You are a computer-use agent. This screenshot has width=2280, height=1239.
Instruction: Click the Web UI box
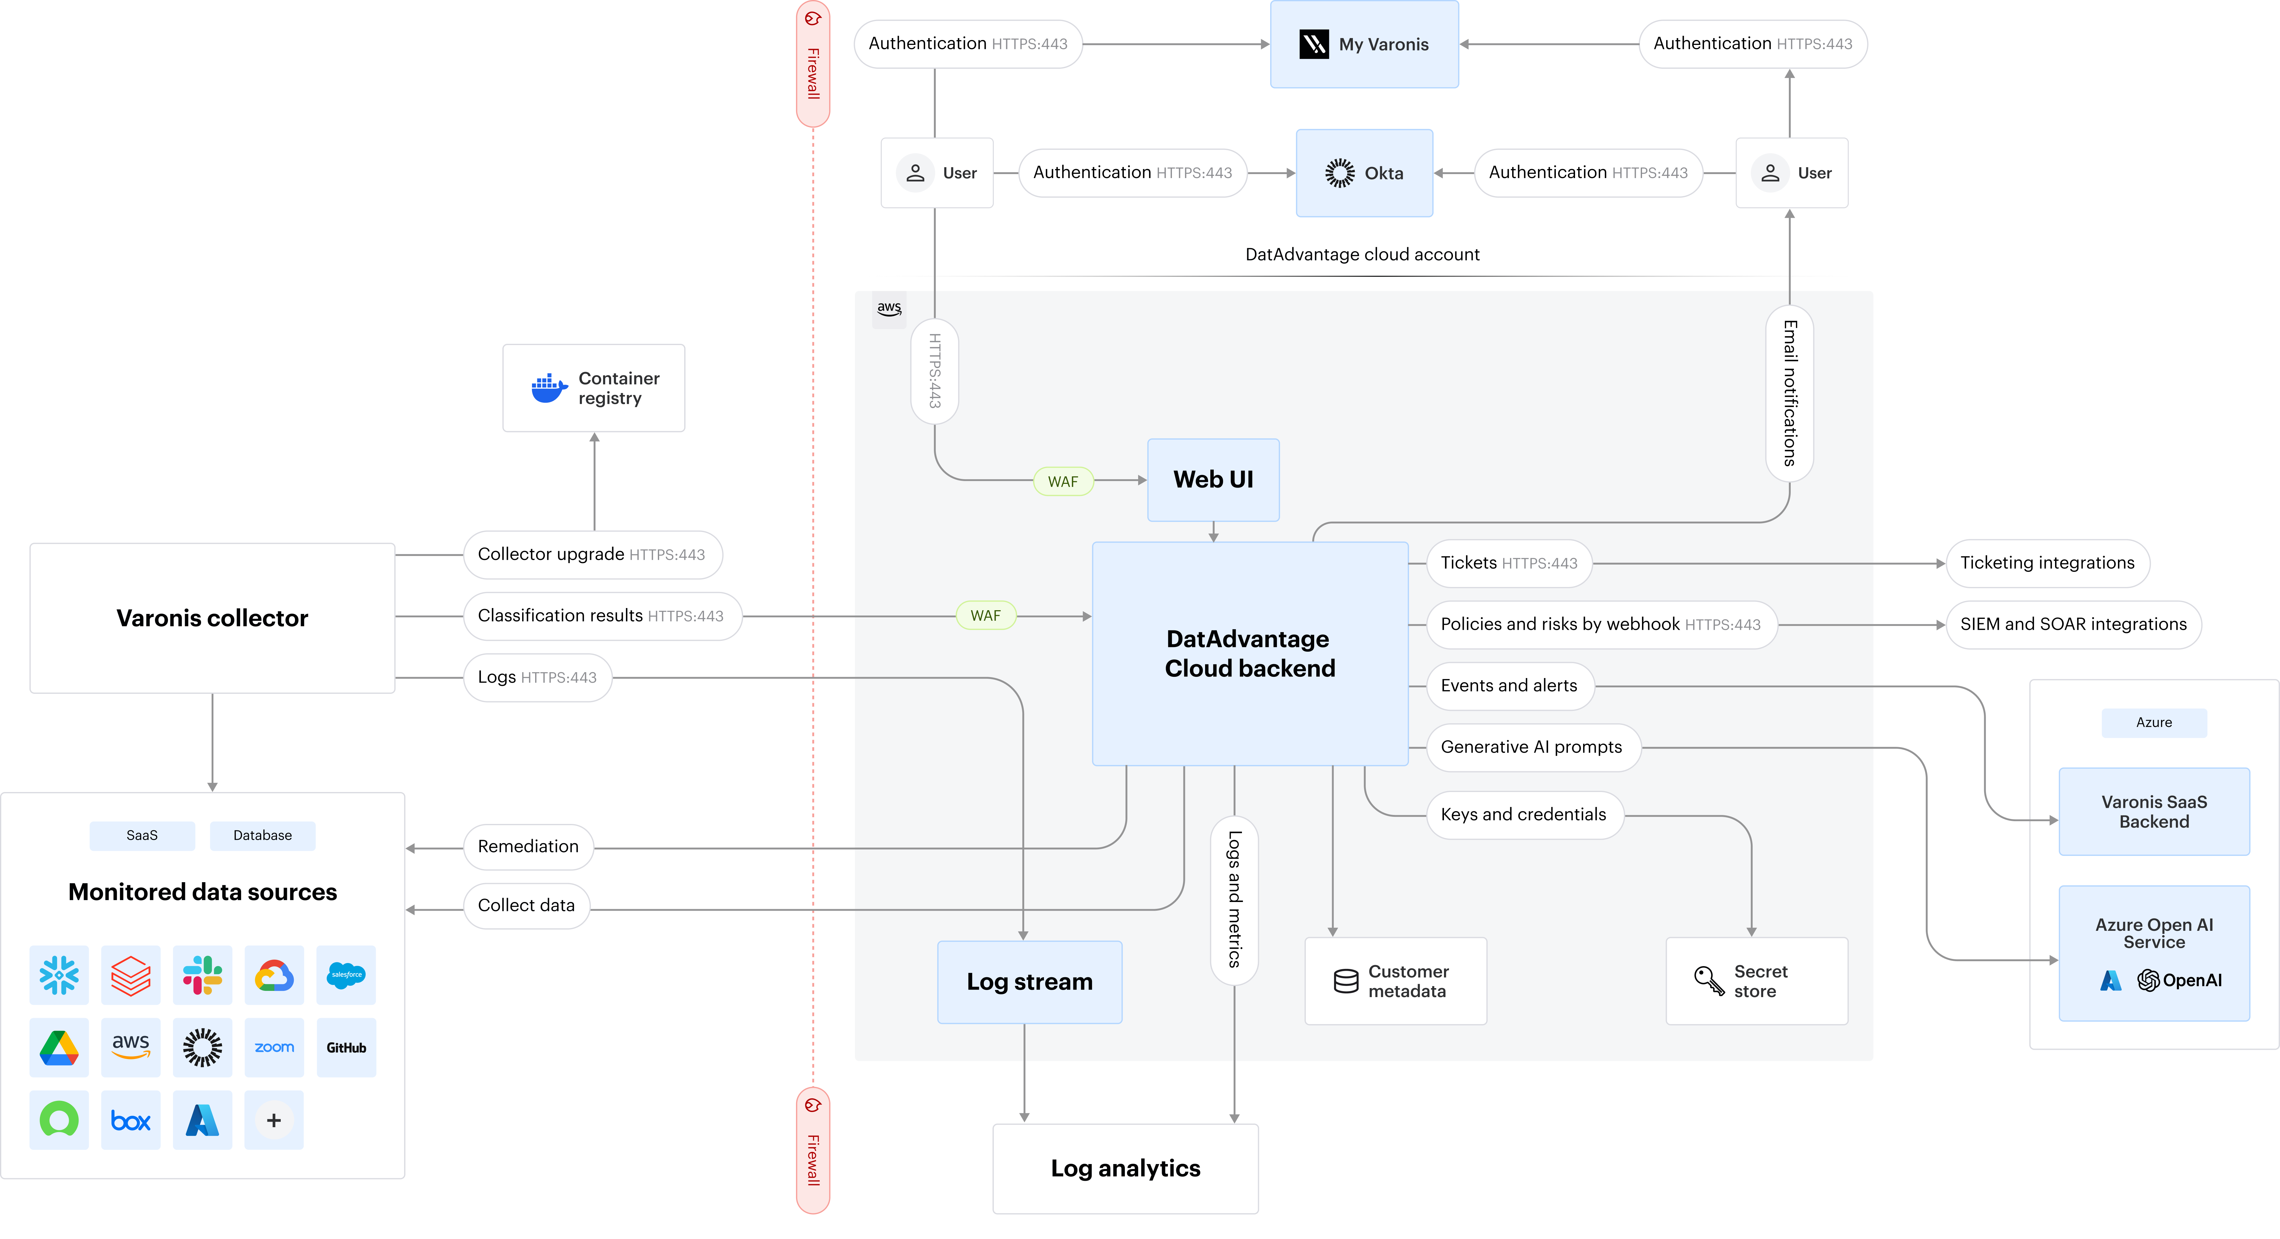coord(1213,480)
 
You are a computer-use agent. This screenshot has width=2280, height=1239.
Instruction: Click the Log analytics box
coord(1125,1168)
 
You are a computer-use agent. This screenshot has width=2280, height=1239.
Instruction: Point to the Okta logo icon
coord(1339,173)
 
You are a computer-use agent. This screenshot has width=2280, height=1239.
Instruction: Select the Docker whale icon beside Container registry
coord(549,387)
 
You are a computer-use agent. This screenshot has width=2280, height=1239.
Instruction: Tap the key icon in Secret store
coord(1708,981)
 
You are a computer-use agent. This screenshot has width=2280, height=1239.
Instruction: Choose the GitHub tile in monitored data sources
coord(346,1048)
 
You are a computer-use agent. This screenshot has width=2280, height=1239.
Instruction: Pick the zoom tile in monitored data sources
coord(274,1048)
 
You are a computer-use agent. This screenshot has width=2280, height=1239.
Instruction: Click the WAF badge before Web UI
coord(1063,481)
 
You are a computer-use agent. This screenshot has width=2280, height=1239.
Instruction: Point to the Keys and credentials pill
coord(1523,814)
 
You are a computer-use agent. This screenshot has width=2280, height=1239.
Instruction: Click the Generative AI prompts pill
coord(1531,747)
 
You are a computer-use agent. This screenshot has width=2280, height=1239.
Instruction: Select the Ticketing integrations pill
coord(2047,563)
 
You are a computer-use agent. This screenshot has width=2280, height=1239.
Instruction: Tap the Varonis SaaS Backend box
coord(2154,812)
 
